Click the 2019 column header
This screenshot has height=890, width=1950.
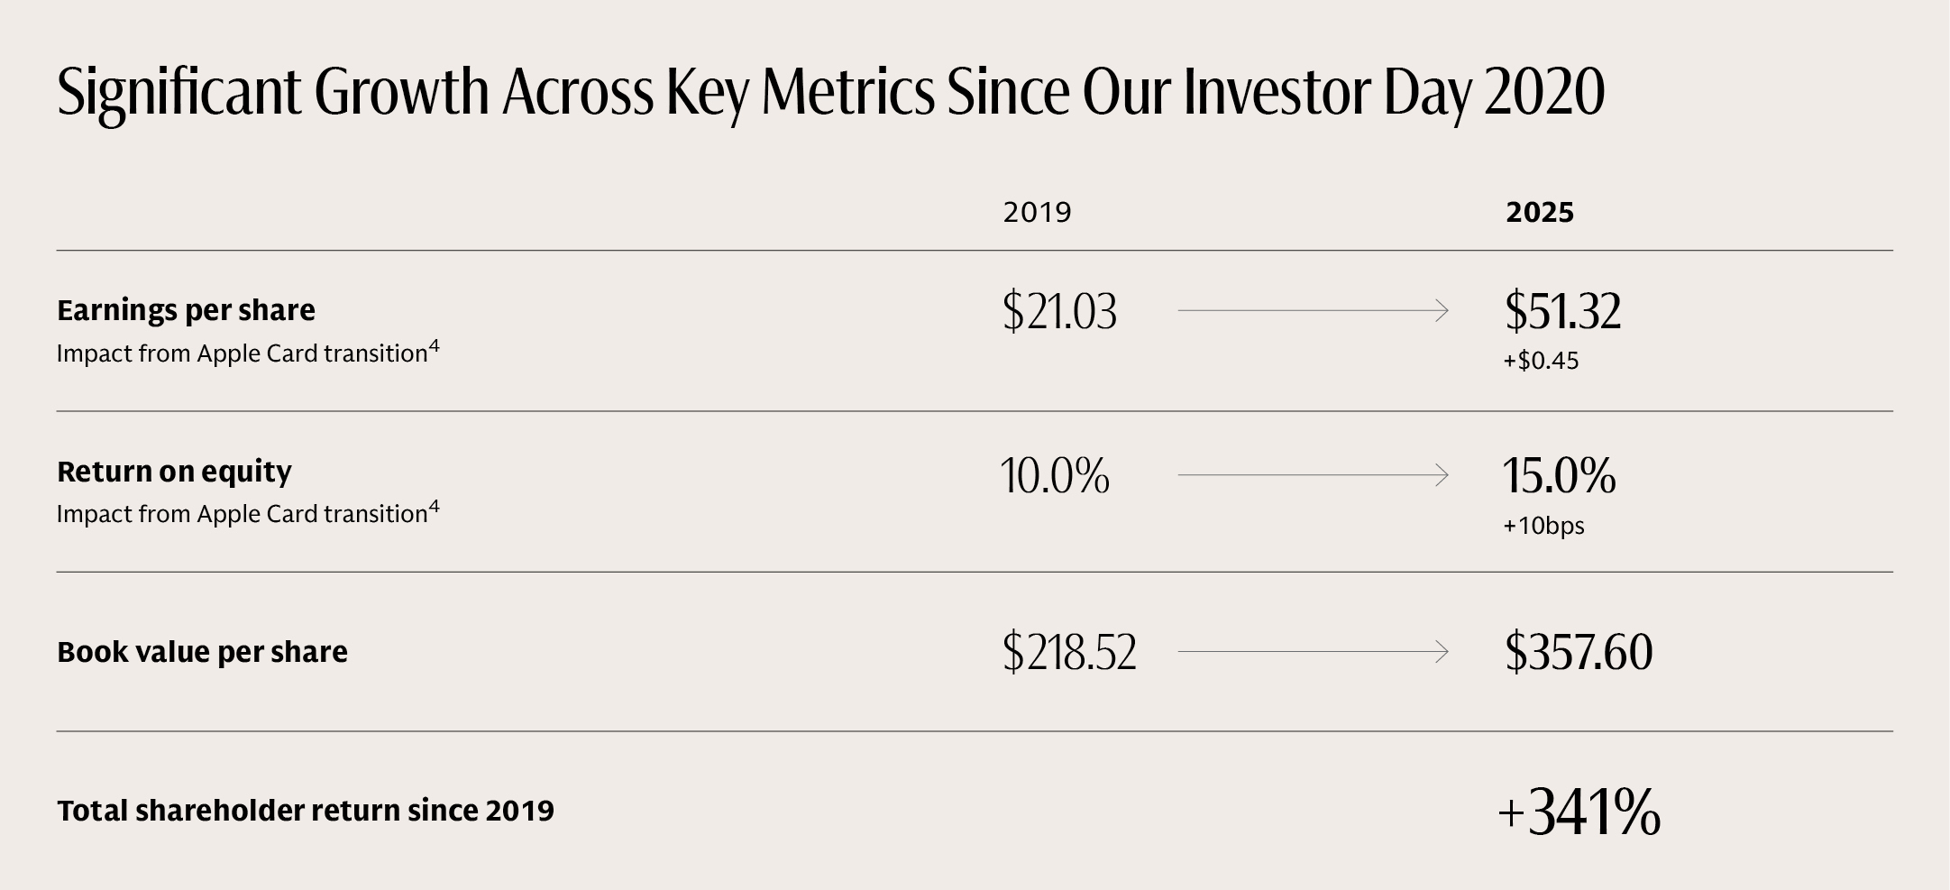(1037, 213)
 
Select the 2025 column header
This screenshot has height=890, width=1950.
(1540, 213)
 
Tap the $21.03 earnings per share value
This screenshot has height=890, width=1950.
(1059, 311)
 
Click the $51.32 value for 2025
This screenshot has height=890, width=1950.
(1562, 311)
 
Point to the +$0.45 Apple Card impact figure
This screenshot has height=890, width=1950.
(1541, 362)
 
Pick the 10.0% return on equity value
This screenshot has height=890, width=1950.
(1055, 475)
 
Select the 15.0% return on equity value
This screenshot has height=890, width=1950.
(1559, 475)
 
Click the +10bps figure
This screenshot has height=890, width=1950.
(1543, 526)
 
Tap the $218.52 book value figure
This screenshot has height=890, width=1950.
(1069, 652)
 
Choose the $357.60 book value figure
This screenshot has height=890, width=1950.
(1578, 652)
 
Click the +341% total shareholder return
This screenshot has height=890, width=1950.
(1579, 812)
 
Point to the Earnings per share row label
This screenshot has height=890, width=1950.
(186, 310)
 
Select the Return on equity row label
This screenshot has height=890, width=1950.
(174, 472)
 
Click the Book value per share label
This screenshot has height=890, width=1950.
(202, 652)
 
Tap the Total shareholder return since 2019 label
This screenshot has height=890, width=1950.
(305, 811)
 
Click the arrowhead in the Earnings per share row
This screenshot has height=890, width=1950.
(1442, 311)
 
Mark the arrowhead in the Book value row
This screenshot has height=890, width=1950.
(1442, 652)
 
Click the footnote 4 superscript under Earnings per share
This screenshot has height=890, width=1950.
(435, 345)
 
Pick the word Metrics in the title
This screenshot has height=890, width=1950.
(847, 92)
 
